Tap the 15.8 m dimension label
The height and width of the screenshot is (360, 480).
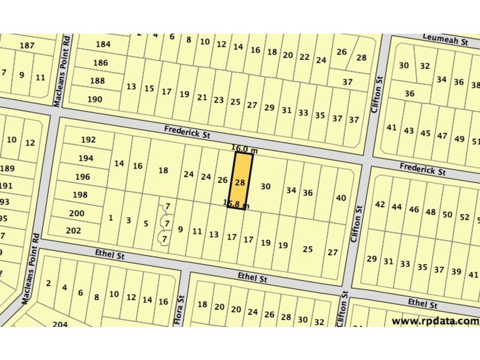pyautogui.click(x=235, y=203)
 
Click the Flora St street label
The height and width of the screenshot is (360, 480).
pyautogui.click(x=178, y=310)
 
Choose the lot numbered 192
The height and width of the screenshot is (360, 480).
pyautogui.click(x=88, y=140)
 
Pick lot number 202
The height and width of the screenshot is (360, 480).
pyautogui.click(x=74, y=230)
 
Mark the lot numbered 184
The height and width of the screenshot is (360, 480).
pyautogui.click(x=103, y=44)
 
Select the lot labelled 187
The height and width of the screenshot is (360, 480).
pyautogui.click(x=27, y=46)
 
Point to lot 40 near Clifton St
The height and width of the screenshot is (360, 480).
pyautogui.click(x=341, y=198)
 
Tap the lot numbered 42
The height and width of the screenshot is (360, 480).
pyautogui.click(x=380, y=205)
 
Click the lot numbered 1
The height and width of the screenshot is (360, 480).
pyautogui.click(x=110, y=218)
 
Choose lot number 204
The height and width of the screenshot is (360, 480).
pyautogui.click(x=59, y=324)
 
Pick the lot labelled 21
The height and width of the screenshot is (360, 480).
pyautogui.click(x=202, y=97)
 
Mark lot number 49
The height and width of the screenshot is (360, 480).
pyautogui.click(x=460, y=139)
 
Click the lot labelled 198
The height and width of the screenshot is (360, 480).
pyautogui.click(x=80, y=195)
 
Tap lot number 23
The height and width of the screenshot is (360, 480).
pyautogui.click(x=219, y=100)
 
